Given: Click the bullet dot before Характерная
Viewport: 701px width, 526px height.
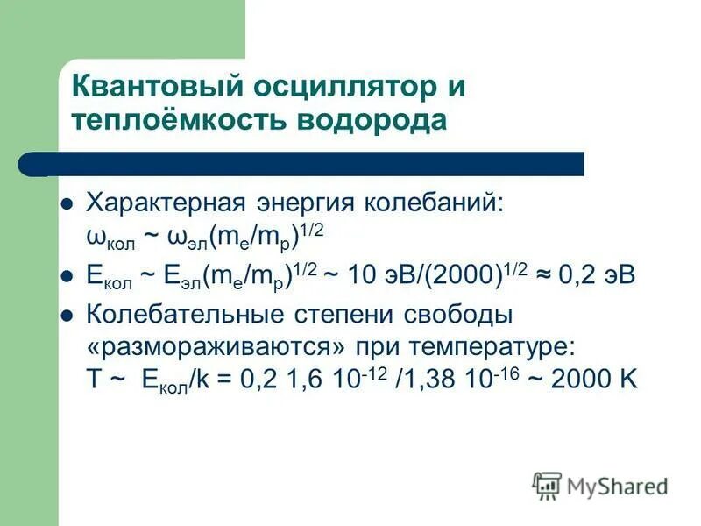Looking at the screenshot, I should click(65, 203).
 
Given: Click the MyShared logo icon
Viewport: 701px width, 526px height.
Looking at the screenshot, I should click(547, 485).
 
